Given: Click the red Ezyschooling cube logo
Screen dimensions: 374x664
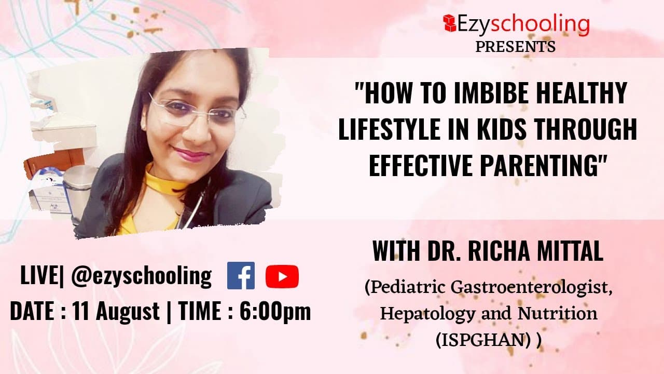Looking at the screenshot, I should (449, 23).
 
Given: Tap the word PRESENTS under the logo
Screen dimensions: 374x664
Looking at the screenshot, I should (516, 47).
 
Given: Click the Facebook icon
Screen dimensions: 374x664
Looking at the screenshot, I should (241, 275).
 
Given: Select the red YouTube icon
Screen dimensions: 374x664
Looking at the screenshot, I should (282, 276).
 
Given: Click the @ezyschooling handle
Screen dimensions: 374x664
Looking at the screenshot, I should (141, 276).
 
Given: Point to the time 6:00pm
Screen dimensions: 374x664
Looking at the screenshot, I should (275, 311).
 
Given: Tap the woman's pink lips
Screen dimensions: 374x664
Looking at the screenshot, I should (190, 154).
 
